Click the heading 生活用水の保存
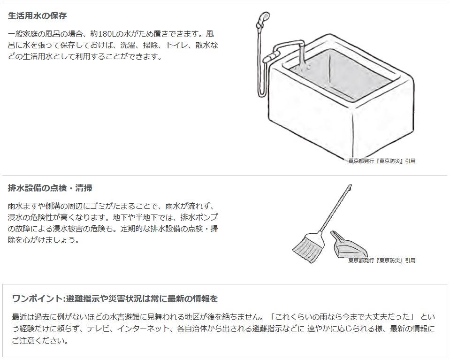click(x=38, y=16)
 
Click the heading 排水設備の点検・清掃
click(x=50, y=188)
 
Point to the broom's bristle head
click(x=307, y=246)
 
